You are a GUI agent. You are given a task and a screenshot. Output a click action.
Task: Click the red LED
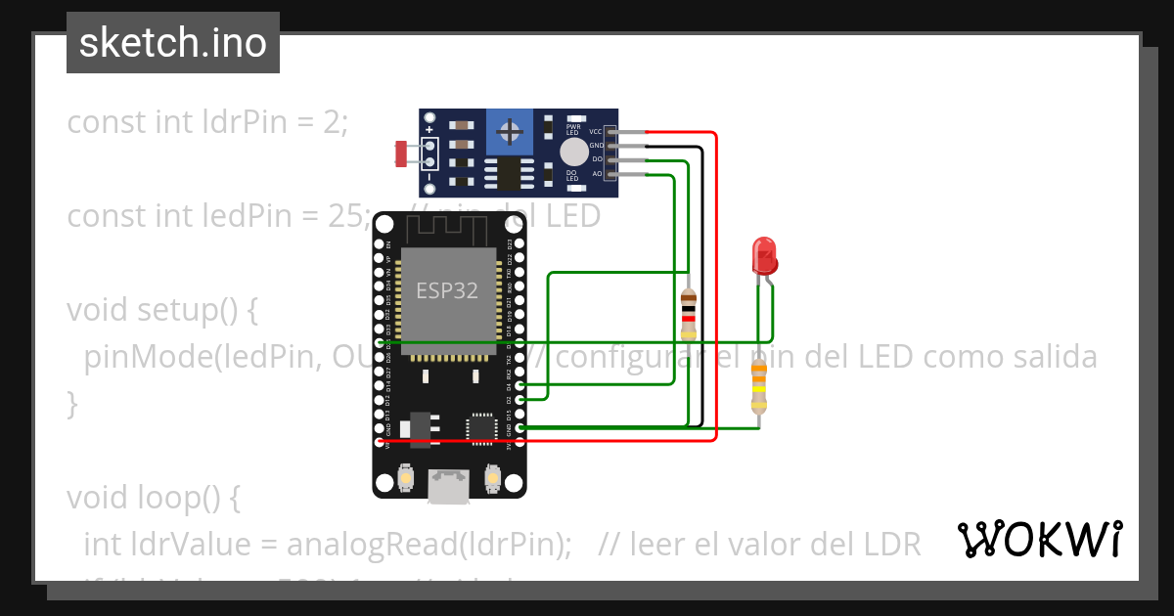(x=763, y=256)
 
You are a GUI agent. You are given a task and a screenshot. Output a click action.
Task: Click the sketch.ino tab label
(x=173, y=43)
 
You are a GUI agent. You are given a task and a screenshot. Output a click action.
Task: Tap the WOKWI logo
(x=1039, y=540)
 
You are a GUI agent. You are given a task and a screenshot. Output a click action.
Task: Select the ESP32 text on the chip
(x=446, y=290)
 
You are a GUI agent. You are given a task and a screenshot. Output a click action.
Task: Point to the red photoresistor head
(x=400, y=153)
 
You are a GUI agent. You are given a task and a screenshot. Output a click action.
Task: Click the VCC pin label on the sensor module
(x=595, y=131)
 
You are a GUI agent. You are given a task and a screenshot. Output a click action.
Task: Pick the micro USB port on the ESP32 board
(x=448, y=486)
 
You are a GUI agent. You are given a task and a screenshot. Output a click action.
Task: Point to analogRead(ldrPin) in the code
(x=416, y=545)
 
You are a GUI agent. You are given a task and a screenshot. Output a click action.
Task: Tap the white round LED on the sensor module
(x=574, y=152)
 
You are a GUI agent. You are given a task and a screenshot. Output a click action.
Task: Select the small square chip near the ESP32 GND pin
(x=481, y=426)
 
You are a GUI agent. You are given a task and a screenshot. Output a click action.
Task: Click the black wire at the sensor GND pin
(x=665, y=146)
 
